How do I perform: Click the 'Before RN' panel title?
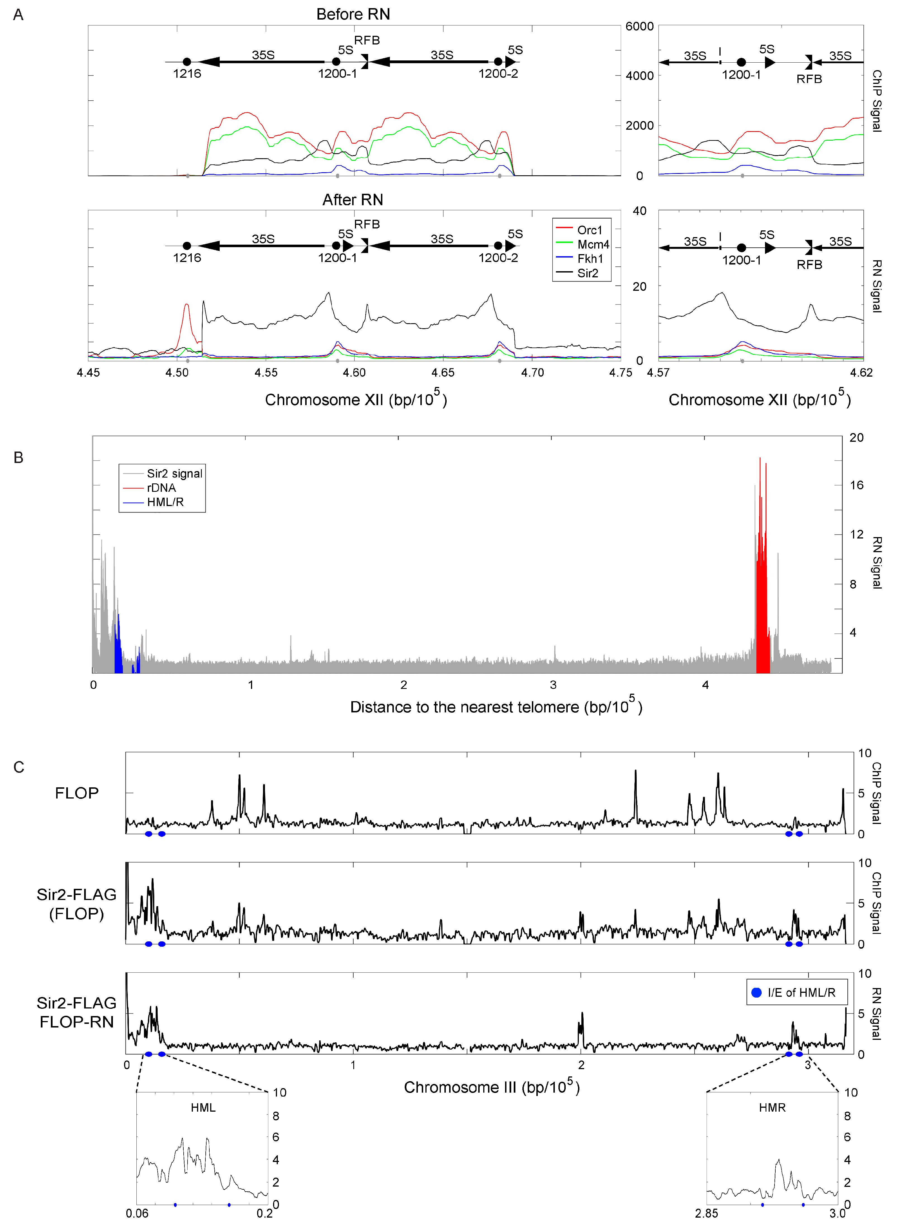pyautogui.click(x=353, y=14)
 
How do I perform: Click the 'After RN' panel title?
pyautogui.click(x=352, y=200)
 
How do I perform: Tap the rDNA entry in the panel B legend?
pyautogui.click(x=161, y=488)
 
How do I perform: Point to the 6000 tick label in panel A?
pyautogui.click(x=639, y=27)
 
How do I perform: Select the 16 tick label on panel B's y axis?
pyautogui.click(x=856, y=485)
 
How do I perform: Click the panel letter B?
pyautogui.click(x=18, y=458)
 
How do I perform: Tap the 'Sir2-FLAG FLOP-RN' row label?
pyautogui.click(x=76, y=1012)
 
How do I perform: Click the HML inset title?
pyautogui.click(x=203, y=1108)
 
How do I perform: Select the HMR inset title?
pyautogui.click(x=772, y=1108)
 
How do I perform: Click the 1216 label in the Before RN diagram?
pyautogui.click(x=187, y=74)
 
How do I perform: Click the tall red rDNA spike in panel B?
pyautogui.click(x=760, y=460)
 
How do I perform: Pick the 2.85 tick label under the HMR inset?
pyautogui.click(x=706, y=1213)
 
